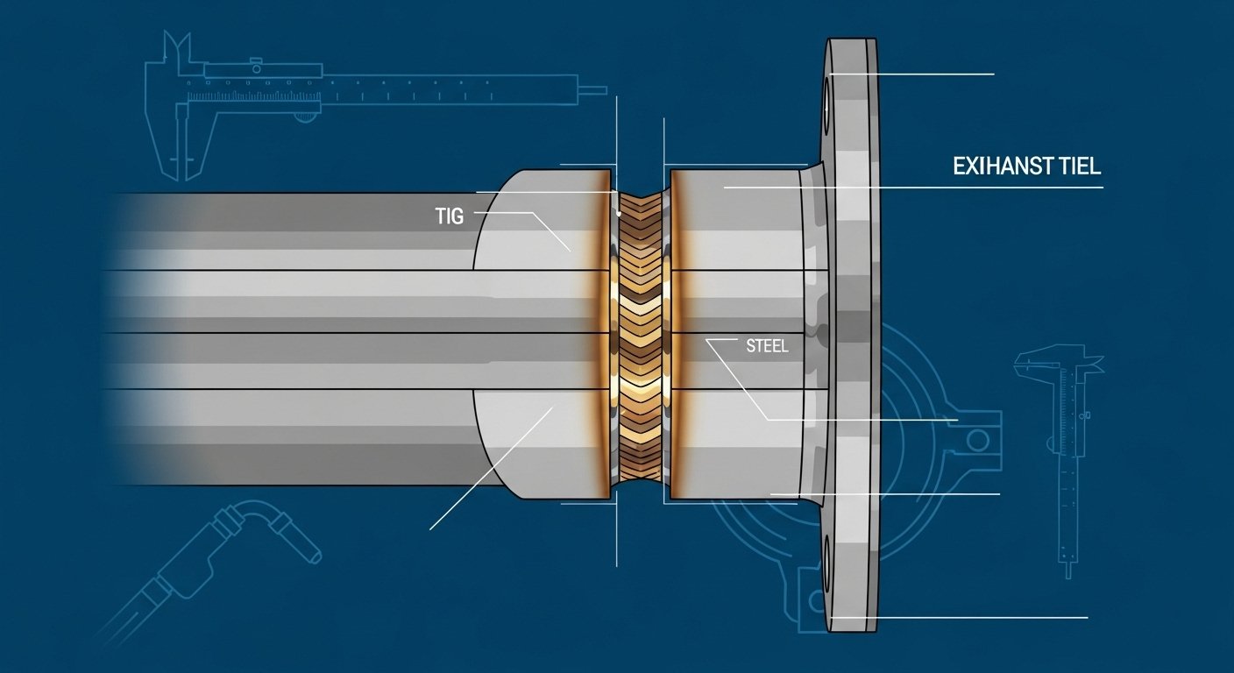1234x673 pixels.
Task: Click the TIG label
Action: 449,216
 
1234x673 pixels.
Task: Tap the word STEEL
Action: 768,346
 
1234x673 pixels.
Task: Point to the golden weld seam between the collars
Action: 641,342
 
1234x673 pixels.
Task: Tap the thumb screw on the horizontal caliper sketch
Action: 256,62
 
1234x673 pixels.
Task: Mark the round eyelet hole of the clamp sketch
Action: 979,437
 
